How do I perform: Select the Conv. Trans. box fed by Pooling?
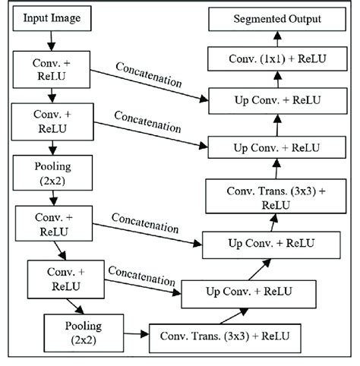click(x=225, y=335)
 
